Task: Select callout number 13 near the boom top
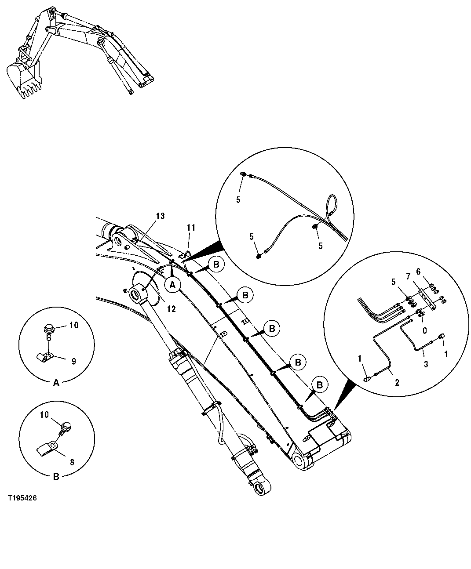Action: [x=160, y=216]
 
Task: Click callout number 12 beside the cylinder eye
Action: [x=171, y=309]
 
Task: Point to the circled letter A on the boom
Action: [x=173, y=285]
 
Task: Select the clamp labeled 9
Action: [x=44, y=357]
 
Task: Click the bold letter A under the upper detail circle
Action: [x=56, y=383]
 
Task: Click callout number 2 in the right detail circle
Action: [x=397, y=383]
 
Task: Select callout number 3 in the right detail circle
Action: [x=425, y=364]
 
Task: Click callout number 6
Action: [x=418, y=272]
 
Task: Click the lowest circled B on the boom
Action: [x=320, y=384]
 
